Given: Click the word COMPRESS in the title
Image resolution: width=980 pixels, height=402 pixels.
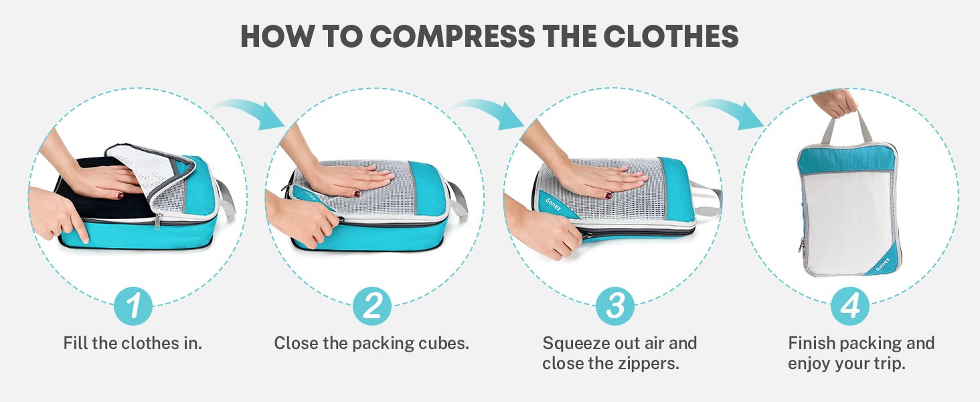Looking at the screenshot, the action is pos(453,36).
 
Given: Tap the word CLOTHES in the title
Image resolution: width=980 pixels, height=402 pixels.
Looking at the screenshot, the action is pos(671,36).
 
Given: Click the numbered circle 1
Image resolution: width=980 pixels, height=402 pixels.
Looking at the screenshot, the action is pos(133,306).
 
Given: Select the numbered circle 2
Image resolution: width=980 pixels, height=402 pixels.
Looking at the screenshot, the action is pos(372,306).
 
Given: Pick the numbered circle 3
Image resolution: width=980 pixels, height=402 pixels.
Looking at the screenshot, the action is pos(615,306).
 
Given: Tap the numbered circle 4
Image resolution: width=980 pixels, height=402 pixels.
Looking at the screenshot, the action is pos(850,306).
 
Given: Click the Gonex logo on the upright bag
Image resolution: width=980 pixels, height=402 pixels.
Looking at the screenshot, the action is pos(883,264).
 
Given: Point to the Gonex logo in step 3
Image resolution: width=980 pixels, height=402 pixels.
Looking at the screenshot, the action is pos(553,204).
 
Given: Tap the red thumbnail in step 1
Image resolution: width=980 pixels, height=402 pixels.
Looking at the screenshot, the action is pos(119,196).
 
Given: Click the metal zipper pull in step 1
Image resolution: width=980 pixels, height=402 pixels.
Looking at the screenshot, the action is pos(157,222).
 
